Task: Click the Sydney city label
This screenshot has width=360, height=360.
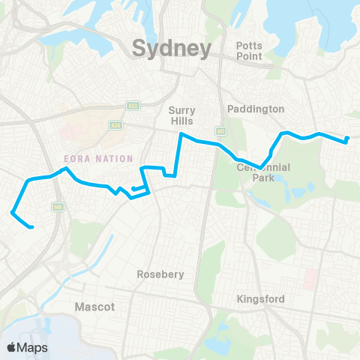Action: pyautogui.click(x=172, y=49)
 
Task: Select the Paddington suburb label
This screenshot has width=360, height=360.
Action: pyautogui.click(x=256, y=109)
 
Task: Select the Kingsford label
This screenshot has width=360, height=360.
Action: pyautogui.click(x=260, y=299)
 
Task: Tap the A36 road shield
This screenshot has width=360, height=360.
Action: pyautogui.click(x=115, y=125)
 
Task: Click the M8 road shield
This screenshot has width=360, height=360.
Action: pyautogui.click(x=57, y=206)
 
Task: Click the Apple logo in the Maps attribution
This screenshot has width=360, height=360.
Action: pyautogui.click(x=12, y=347)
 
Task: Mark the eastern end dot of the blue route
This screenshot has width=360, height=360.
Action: pyautogui.click(x=347, y=138)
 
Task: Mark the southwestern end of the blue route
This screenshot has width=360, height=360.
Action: pyautogui.click(x=31, y=226)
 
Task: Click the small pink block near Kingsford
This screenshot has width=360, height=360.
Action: pyautogui.click(x=310, y=280)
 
